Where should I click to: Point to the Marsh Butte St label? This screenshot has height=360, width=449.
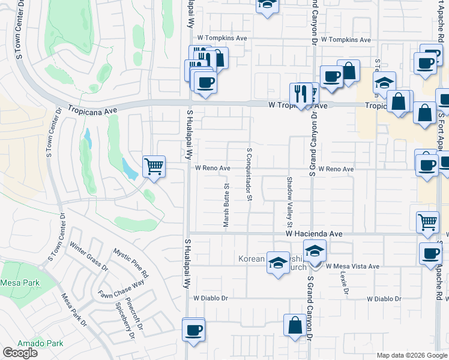(227, 206)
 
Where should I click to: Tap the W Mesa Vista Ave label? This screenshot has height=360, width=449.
(353, 266)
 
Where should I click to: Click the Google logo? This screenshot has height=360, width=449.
(20, 353)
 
